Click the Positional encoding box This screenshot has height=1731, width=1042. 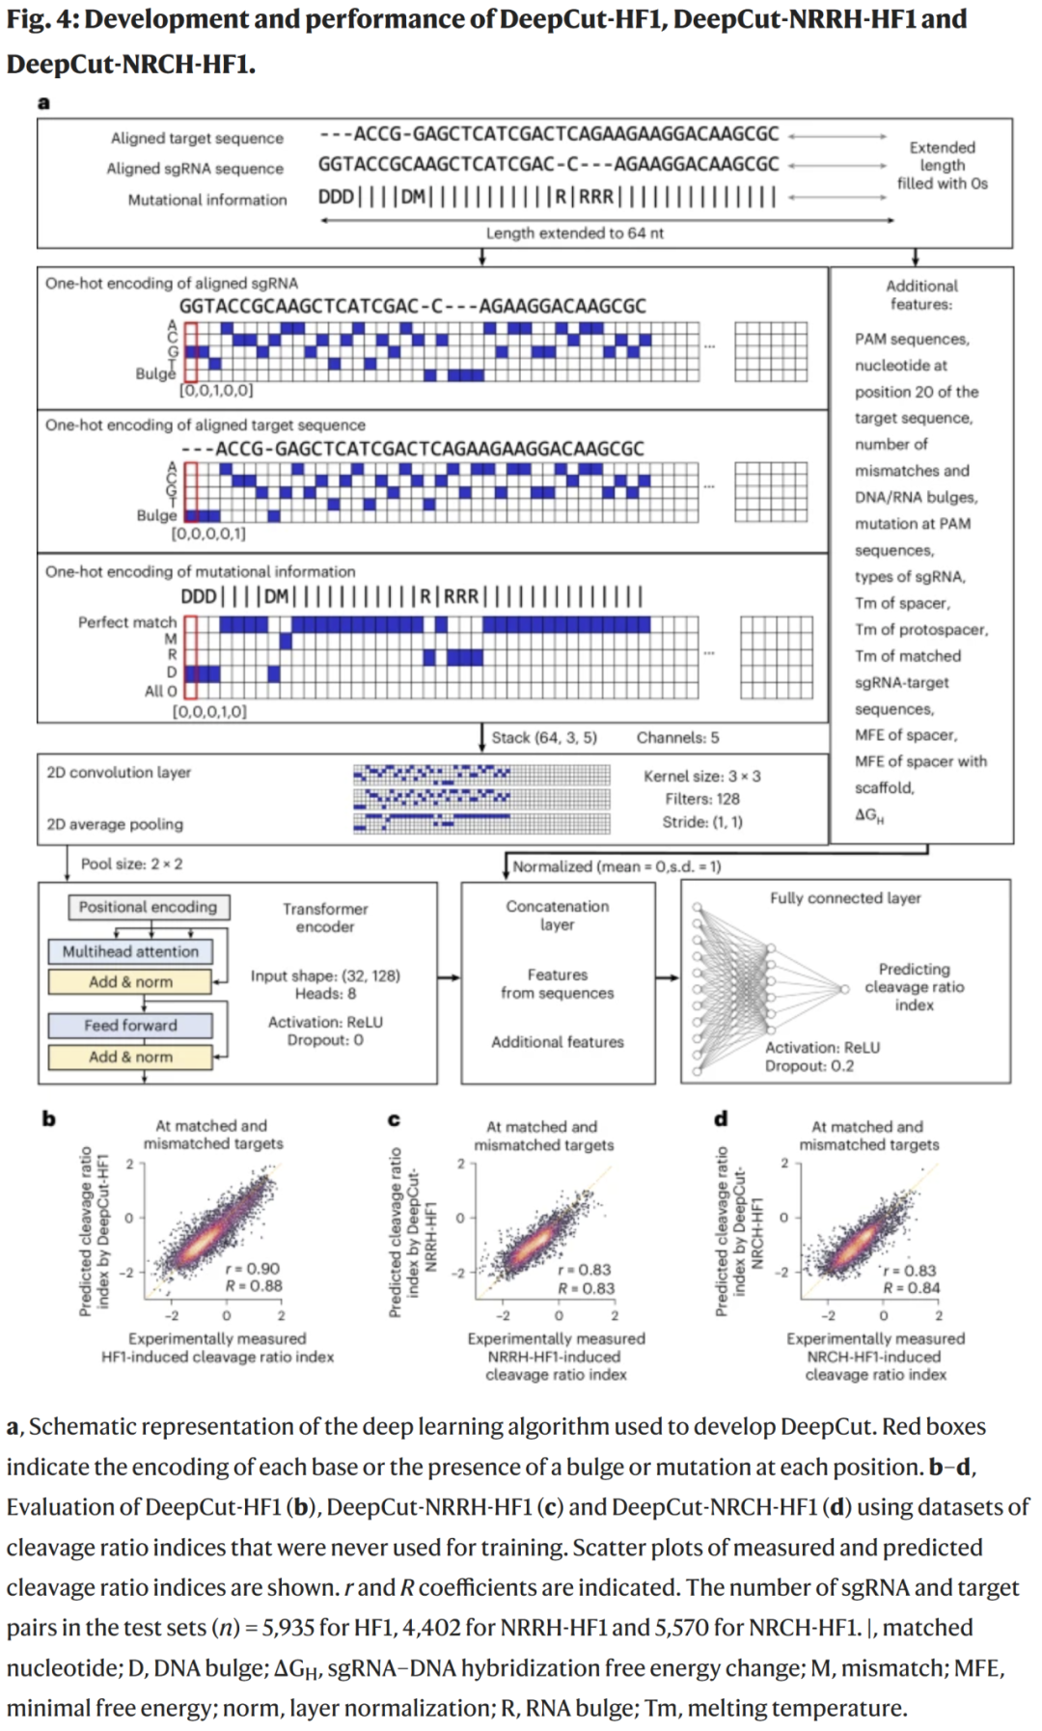149,907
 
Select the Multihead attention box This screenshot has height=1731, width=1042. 130,951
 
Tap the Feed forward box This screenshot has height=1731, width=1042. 130,1025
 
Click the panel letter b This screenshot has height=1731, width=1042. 48,1119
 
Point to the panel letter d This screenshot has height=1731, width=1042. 721,1119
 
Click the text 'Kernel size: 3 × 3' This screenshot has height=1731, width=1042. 701,776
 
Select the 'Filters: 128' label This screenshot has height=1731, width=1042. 701,799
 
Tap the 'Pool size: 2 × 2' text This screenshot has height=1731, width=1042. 131,864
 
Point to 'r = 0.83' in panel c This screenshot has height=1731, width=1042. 584,1270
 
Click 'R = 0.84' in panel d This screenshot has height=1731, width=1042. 911,1288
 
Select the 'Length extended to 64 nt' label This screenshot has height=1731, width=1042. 574,234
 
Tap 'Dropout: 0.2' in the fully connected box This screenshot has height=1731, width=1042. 809,1066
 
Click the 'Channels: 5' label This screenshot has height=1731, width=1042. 677,738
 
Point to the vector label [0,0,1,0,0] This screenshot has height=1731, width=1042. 216,391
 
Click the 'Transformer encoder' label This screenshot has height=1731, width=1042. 325,918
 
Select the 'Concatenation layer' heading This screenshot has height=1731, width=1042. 558,916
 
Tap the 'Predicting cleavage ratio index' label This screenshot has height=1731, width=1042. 914,987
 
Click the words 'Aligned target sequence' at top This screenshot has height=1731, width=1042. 197,139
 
